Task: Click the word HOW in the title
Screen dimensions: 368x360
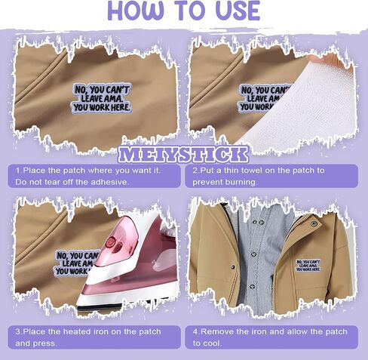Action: [x=136, y=11]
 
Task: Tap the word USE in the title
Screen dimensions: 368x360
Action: [x=238, y=11]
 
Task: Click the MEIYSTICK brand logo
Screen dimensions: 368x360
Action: [x=183, y=154]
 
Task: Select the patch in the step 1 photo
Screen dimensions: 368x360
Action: [x=102, y=98]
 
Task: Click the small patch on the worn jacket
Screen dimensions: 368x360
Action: [x=308, y=265]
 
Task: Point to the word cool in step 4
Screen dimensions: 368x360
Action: [x=213, y=343]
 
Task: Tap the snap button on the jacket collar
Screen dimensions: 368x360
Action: [x=314, y=223]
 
